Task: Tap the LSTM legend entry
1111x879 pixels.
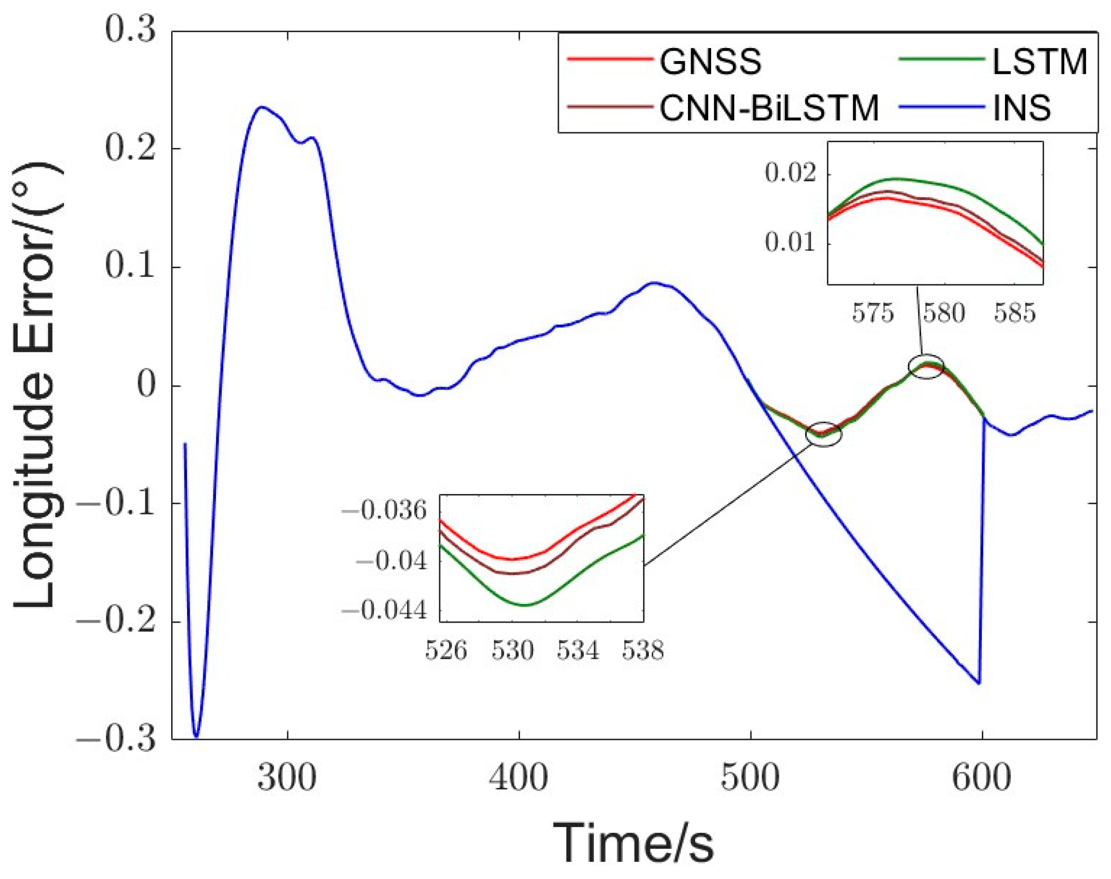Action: (x=1039, y=62)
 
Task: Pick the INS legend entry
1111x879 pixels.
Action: (x=1021, y=109)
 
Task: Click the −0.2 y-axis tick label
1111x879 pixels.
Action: (x=116, y=622)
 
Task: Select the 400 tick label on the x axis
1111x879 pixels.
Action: (x=519, y=778)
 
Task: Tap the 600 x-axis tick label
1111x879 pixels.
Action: (x=982, y=778)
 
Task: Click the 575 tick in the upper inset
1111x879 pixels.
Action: (x=873, y=313)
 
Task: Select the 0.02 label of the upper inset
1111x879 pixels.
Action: (x=791, y=173)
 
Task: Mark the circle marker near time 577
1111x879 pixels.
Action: (x=926, y=366)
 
